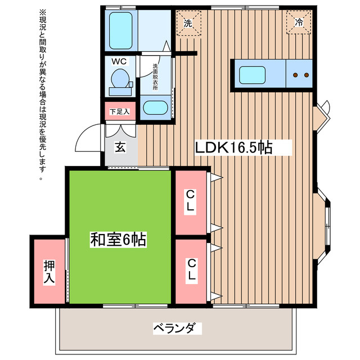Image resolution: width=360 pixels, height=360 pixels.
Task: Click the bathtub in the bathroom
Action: coord(120,30)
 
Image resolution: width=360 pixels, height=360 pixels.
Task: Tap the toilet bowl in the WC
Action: coord(120,78)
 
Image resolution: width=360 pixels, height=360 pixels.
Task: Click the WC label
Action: coord(119,61)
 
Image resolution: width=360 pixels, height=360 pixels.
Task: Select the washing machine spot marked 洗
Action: coord(188,23)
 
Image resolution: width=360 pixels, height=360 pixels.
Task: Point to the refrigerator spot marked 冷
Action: coord(299,22)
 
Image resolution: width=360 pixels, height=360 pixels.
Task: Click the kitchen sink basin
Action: coord(252,75)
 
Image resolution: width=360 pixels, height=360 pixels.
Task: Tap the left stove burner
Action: coord(295,75)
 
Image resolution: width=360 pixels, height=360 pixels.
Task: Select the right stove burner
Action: coord(306,75)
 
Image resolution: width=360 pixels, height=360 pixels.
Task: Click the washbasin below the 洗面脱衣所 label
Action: coord(155,107)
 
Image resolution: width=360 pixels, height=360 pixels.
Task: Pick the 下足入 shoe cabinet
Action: coord(120,111)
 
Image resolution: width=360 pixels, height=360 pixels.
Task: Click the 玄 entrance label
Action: coord(120,147)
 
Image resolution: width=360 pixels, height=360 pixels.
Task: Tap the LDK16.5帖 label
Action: coord(233,147)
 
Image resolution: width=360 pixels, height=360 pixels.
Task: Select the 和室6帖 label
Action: coord(118,240)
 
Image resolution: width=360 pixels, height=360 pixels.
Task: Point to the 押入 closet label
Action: coord(49,272)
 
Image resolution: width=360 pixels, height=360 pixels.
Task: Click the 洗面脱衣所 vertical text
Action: coord(155,77)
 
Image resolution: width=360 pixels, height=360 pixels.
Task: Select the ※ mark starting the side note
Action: coord(43,12)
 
